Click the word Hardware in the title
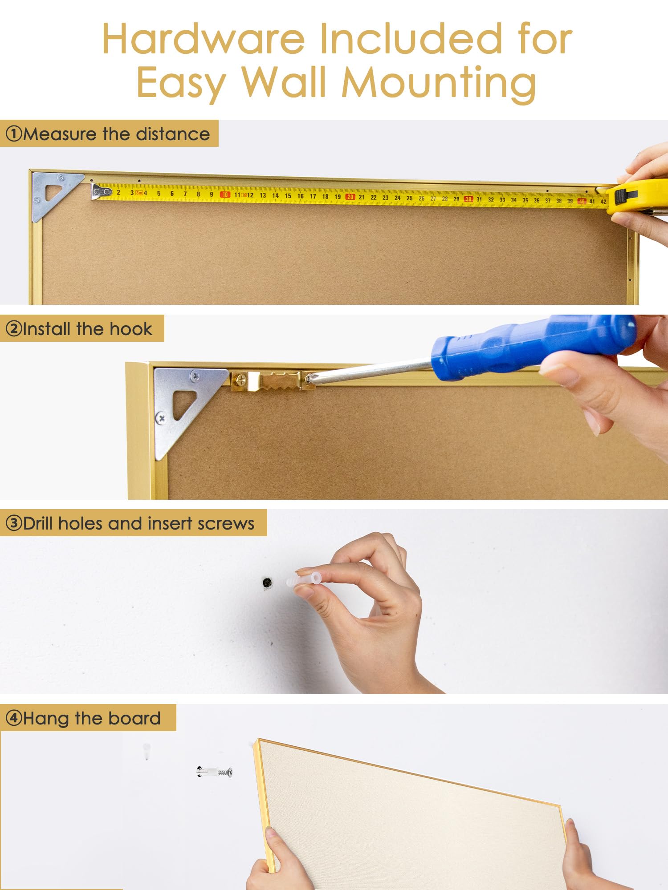coord(204,39)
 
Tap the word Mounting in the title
coord(438,84)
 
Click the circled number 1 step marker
coord(14,133)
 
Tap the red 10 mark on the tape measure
coord(225,194)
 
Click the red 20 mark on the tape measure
coord(350,197)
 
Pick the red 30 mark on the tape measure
coord(468,199)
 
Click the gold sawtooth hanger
coord(273,380)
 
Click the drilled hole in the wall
coord(267,583)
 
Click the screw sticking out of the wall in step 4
coord(215,772)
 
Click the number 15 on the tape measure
coord(288,196)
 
